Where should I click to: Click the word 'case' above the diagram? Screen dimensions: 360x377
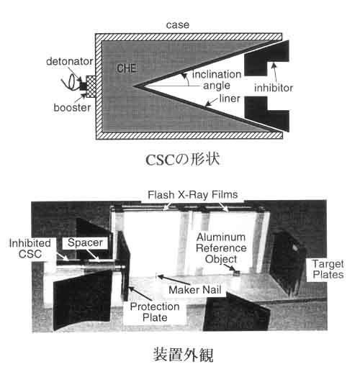click(178, 25)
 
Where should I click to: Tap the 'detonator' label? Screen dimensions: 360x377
click(70, 62)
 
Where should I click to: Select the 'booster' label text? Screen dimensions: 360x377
click(72, 107)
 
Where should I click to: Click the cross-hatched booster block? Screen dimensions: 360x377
click(91, 86)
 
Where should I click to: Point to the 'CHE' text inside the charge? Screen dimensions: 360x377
click(127, 68)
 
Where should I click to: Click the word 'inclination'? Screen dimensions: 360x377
click(217, 74)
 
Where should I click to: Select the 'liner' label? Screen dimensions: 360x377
click(230, 99)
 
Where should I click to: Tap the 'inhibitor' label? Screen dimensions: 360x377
click(274, 88)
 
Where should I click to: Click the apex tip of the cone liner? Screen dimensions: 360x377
click(134, 86)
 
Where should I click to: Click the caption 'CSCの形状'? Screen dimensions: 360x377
click(183, 160)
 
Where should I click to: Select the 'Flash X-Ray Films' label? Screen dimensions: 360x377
click(192, 195)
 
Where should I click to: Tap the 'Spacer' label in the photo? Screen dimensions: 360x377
click(85, 242)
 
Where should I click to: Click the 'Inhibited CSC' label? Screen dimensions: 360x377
click(30, 249)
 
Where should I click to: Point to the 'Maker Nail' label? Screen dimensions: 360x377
click(195, 290)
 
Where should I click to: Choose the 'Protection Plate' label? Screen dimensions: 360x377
click(155, 312)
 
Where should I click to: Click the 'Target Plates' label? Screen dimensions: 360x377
click(328, 269)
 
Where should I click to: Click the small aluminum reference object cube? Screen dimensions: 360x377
click(237, 273)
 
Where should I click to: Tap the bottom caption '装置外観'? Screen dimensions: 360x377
click(184, 355)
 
